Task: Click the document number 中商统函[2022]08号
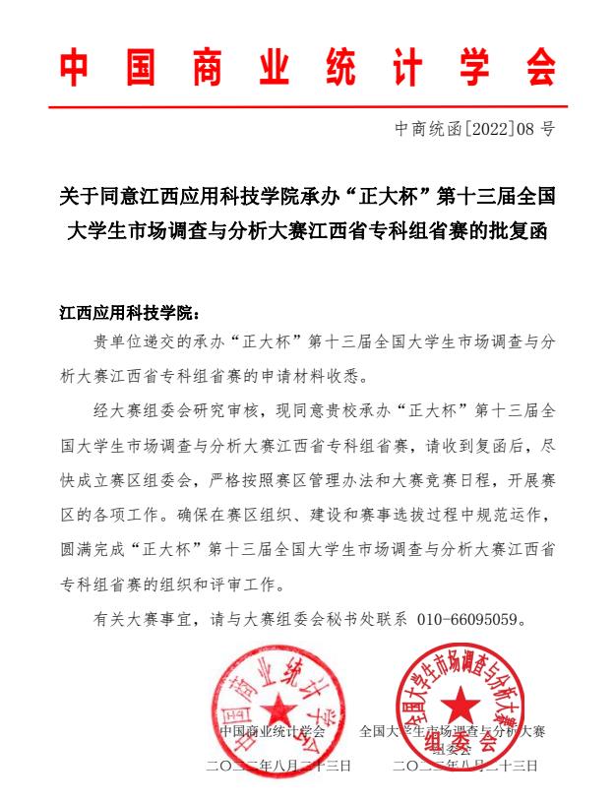pyautogui.click(x=475, y=128)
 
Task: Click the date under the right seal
pyautogui.click(x=464, y=766)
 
